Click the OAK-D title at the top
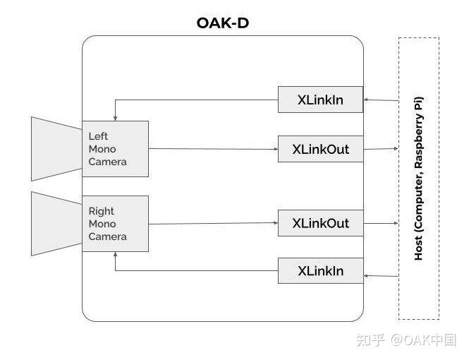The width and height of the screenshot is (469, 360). coord(222,23)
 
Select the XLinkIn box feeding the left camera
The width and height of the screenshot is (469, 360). coord(320,100)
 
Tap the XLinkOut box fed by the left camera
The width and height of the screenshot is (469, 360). coord(320,149)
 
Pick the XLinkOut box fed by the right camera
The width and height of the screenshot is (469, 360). coord(320,224)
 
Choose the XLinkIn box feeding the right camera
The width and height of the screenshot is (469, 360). coord(320,270)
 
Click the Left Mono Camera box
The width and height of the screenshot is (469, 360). coord(115,149)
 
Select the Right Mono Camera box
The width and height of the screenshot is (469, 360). coord(115,224)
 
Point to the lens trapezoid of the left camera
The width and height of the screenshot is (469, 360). coord(56,148)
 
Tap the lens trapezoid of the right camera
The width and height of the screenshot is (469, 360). coord(56,223)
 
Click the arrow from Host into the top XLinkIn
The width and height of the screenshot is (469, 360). coord(381,100)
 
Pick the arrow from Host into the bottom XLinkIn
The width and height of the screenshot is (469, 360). coord(381,271)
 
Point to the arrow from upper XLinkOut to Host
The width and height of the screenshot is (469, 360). coord(381,149)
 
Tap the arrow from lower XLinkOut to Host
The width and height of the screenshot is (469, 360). coord(381,224)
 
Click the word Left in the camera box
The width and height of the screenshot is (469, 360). coord(98,136)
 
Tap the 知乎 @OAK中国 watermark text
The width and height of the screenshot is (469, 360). coord(406,340)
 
